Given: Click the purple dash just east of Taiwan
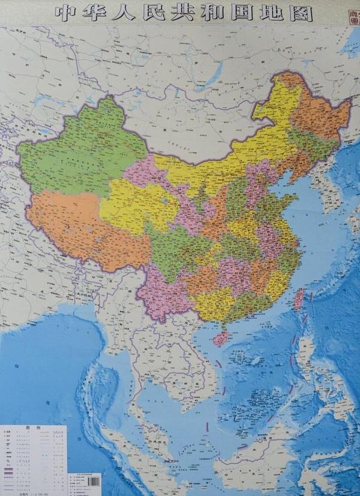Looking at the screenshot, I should point(311,294).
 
